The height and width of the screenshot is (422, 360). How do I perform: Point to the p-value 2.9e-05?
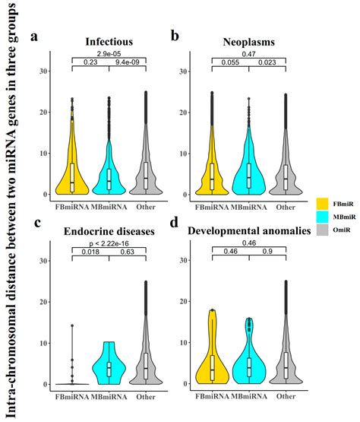click(x=109, y=54)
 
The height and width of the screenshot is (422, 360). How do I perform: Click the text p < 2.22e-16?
click(x=109, y=243)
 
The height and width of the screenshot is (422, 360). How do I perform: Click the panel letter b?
click(x=175, y=36)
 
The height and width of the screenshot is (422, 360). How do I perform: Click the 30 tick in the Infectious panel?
click(x=45, y=71)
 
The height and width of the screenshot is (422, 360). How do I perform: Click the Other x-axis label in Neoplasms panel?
click(x=285, y=206)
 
